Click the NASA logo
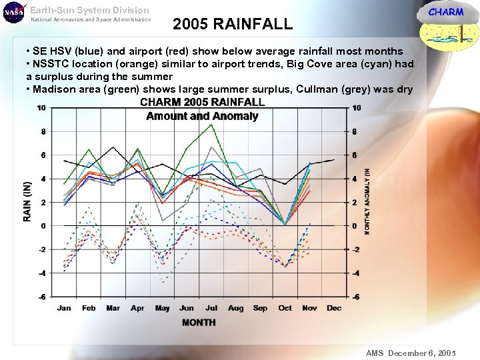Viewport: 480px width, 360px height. click(x=13, y=12)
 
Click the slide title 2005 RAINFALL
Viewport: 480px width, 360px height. click(x=232, y=25)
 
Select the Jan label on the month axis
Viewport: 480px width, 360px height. click(x=64, y=308)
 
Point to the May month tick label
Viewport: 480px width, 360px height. click(x=162, y=308)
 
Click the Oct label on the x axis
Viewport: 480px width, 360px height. click(x=285, y=308)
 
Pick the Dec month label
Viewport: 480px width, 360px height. click(x=334, y=308)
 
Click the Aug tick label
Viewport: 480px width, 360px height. click(x=235, y=308)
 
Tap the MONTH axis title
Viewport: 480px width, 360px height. click(x=199, y=323)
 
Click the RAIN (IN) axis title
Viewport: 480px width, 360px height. click(x=27, y=201)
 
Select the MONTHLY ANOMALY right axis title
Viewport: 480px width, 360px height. click(x=367, y=200)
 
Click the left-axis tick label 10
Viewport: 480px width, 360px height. click(x=41, y=108)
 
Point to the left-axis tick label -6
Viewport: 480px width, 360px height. click(x=42, y=297)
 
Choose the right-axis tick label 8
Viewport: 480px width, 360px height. click(x=355, y=132)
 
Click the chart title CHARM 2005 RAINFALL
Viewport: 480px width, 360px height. click(x=202, y=103)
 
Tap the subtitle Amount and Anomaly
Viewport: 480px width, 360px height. click(x=202, y=116)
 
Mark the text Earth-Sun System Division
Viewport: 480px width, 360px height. click(x=90, y=10)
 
